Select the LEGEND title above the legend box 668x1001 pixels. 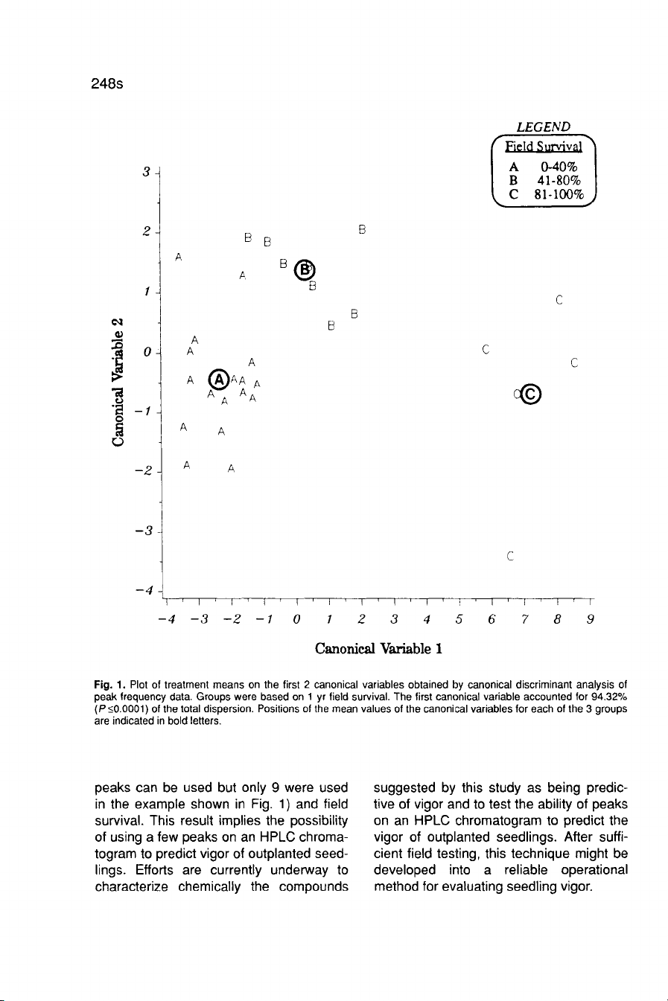pos(544,127)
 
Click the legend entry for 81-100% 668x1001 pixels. pos(544,195)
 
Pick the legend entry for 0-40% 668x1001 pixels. pos(544,167)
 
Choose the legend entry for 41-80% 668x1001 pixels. pos(544,181)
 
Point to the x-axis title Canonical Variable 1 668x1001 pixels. pos(379,648)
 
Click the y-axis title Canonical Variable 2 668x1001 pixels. pos(117,382)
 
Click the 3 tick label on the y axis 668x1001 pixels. pos(147,173)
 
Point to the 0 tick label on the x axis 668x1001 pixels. pos(296,620)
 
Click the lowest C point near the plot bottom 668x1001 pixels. pos(509,556)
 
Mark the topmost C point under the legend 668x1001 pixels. pos(559,301)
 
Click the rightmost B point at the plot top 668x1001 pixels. pos(361,230)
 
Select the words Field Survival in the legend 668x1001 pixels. pos(544,146)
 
